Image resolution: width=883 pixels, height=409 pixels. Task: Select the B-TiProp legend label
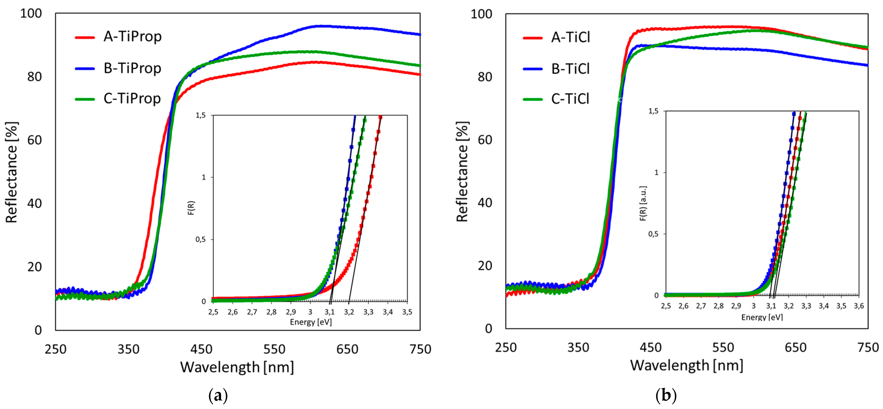point(132,68)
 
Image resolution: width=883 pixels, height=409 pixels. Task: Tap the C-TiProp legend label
point(132,99)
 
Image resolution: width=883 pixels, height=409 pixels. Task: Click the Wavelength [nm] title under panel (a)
point(237,367)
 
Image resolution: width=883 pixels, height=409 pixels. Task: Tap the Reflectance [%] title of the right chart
point(462,172)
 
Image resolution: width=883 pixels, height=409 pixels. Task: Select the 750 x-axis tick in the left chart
point(420,349)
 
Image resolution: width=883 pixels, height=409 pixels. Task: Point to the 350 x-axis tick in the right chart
point(578,348)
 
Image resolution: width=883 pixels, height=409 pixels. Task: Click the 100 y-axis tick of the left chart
point(31,14)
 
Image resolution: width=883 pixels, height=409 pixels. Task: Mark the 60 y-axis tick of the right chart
point(485,140)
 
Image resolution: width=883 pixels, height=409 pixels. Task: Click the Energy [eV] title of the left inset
point(311,322)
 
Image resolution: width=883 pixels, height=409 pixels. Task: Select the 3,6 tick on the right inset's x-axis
point(859,306)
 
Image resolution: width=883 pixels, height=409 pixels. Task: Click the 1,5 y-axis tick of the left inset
point(201,115)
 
